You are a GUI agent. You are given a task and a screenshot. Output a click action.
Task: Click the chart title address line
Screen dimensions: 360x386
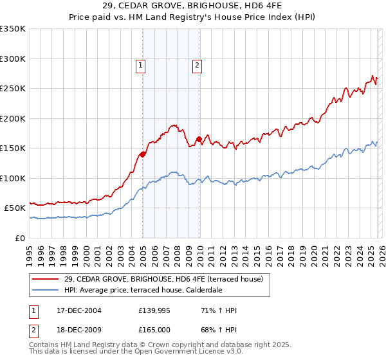193,7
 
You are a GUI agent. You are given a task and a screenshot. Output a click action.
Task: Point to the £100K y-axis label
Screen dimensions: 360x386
13,178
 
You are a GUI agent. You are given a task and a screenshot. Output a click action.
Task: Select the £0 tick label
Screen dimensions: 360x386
20,238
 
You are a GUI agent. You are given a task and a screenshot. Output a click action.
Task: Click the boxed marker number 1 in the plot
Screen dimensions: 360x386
140,64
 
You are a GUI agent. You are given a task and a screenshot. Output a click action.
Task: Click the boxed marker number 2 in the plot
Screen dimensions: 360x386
196,64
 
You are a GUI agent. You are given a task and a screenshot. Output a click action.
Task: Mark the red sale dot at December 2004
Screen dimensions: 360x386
142,154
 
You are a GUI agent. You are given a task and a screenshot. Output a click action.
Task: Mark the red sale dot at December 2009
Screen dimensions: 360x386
199,139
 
